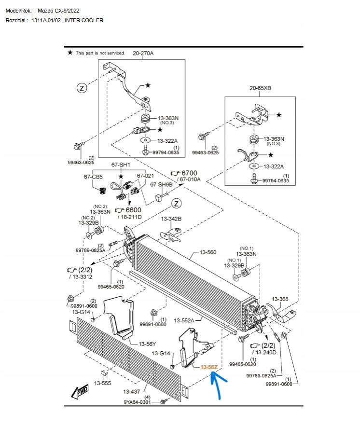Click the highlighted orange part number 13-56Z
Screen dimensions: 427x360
click(209, 367)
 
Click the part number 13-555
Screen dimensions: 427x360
click(103, 383)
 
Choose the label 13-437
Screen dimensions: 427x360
click(132, 391)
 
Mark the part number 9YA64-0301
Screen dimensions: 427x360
click(137, 401)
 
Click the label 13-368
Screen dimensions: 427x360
click(280, 299)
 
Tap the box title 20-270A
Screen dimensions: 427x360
click(143, 53)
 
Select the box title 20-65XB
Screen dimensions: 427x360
click(260, 88)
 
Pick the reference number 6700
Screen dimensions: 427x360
click(189, 173)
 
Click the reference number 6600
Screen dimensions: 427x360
click(133, 210)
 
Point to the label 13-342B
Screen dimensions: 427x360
click(171, 219)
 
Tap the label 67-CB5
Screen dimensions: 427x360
click(93, 177)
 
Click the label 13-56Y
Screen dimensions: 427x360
click(147, 344)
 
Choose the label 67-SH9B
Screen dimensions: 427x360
click(161, 184)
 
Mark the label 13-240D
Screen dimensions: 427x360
click(266, 353)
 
